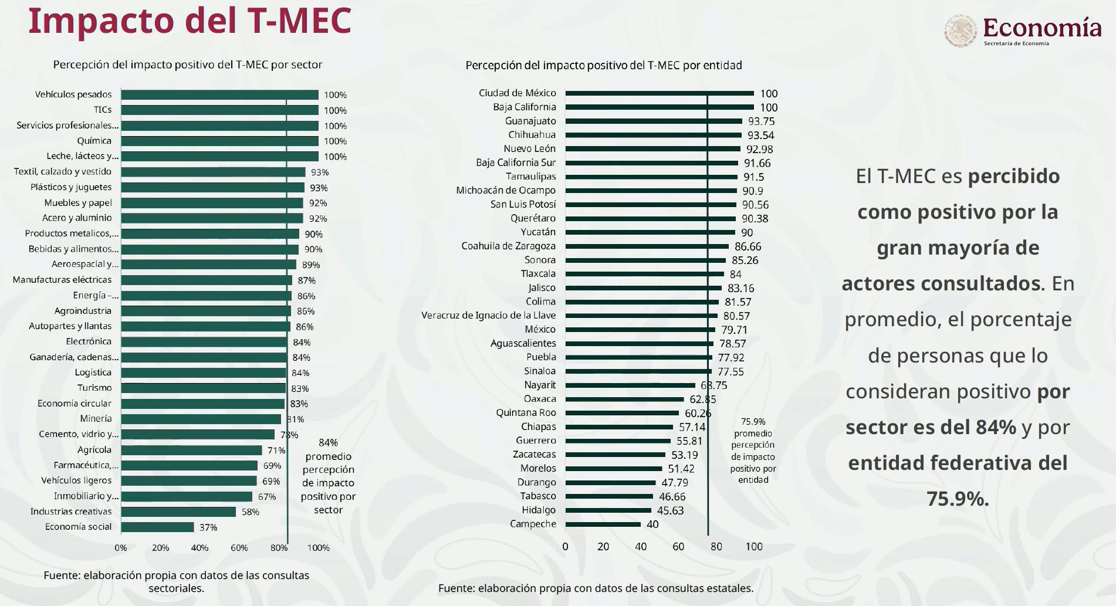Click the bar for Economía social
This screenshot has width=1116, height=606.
pyautogui.click(x=157, y=527)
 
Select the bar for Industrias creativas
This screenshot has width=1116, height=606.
pyautogui.click(x=178, y=512)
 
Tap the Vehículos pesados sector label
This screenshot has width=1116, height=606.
pyautogui.click(x=73, y=94)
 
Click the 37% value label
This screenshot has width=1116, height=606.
pyautogui.click(x=208, y=527)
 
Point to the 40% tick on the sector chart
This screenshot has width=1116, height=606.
pyautogui.click(x=199, y=548)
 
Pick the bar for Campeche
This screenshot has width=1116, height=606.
pyautogui.click(x=603, y=524)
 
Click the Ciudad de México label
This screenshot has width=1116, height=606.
pyautogui.click(x=518, y=93)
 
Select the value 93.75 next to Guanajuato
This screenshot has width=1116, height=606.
pyautogui.click(x=761, y=121)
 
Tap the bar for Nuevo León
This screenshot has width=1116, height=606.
pyautogui.click(x=652, y=149)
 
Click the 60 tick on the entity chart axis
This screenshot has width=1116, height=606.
pyautogui.click(x=678, y=547)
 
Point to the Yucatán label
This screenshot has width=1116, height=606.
pyautogui.click(x=538, y=232)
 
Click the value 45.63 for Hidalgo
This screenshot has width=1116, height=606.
pyautogui.click(x=670, y=510)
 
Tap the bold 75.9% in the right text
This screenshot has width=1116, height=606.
pyautogui.click(x=958, y=499)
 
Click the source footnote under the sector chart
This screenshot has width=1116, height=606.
pyautogui.click(x=176, y=581)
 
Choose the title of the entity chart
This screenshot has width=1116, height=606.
pyautogui.click(x=604, y=65)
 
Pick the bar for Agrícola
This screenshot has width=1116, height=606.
pyautogui.click(x=191, y=451)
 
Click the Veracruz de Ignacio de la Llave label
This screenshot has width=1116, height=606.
pyautogui.click(x=488, y=315)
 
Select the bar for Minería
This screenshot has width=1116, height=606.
pyautogui.click(x=201, y=419)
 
